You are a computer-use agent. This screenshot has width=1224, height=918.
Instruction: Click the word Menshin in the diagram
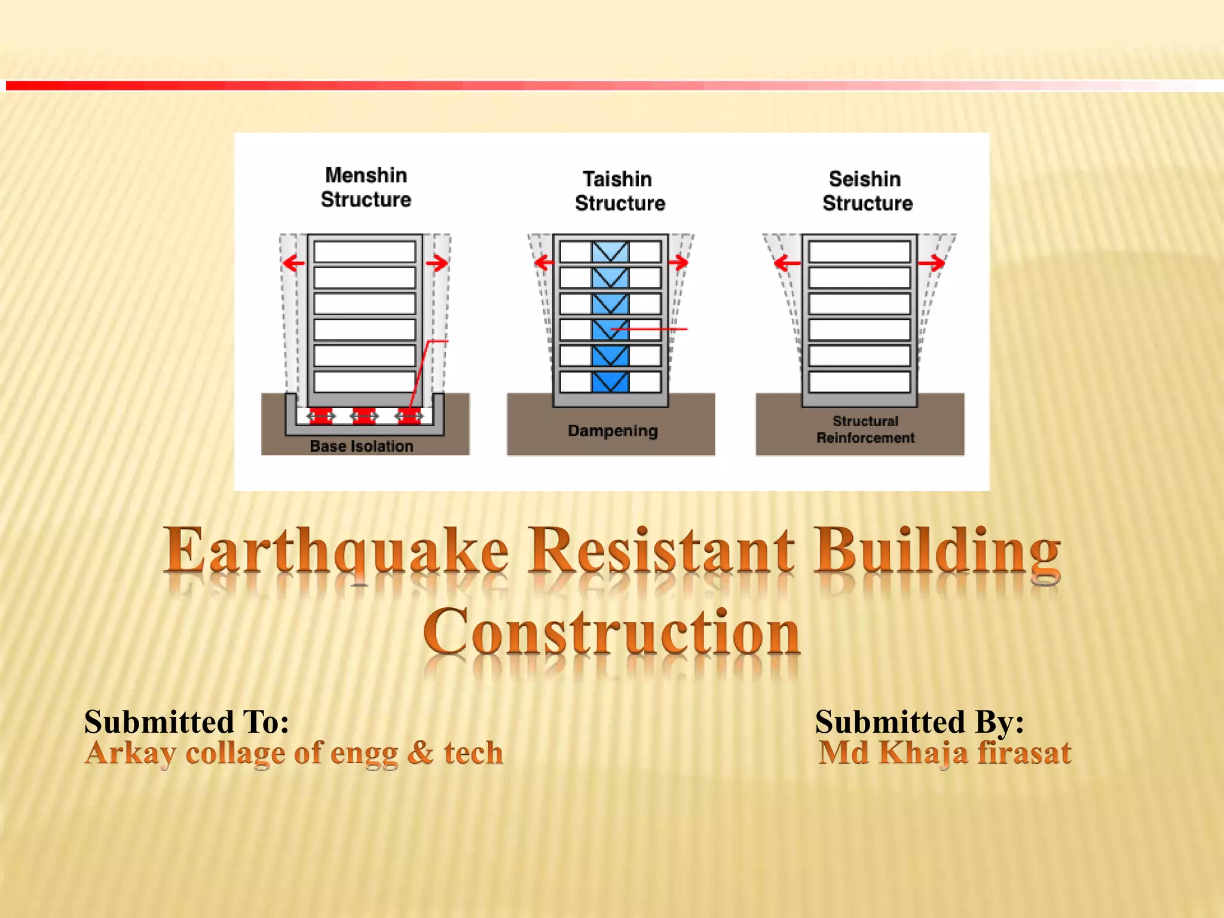[366, 175]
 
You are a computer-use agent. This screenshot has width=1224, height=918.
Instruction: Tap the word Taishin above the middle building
[617, 179]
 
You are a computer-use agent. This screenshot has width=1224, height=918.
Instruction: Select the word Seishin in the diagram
[864, 179]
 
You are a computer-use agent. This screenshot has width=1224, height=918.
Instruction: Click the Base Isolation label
[361, 446]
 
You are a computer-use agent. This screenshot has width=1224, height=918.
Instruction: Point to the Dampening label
[613, 430]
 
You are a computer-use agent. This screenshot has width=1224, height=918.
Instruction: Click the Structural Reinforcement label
[865, 429]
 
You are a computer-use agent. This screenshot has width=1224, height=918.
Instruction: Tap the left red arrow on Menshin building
[293, 262]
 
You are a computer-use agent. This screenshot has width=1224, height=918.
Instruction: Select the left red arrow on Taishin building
[544, 262]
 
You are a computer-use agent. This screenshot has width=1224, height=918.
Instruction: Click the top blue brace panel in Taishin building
[610, 252]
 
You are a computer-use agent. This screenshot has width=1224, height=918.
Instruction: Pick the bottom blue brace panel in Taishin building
[610, 382]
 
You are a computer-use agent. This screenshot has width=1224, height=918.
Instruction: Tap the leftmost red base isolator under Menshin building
[321, 416]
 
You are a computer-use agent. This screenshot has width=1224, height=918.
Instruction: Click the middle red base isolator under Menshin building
[364, 416]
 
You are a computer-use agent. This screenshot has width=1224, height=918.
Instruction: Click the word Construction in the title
[611, 632]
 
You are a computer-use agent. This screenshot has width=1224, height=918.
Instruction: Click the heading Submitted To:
[186, 721]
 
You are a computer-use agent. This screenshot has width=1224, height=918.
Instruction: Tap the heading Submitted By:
[919, 721]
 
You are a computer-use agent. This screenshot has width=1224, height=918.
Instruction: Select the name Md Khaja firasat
[944, 752]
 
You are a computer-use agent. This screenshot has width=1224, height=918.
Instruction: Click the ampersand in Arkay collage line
[421, 752]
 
